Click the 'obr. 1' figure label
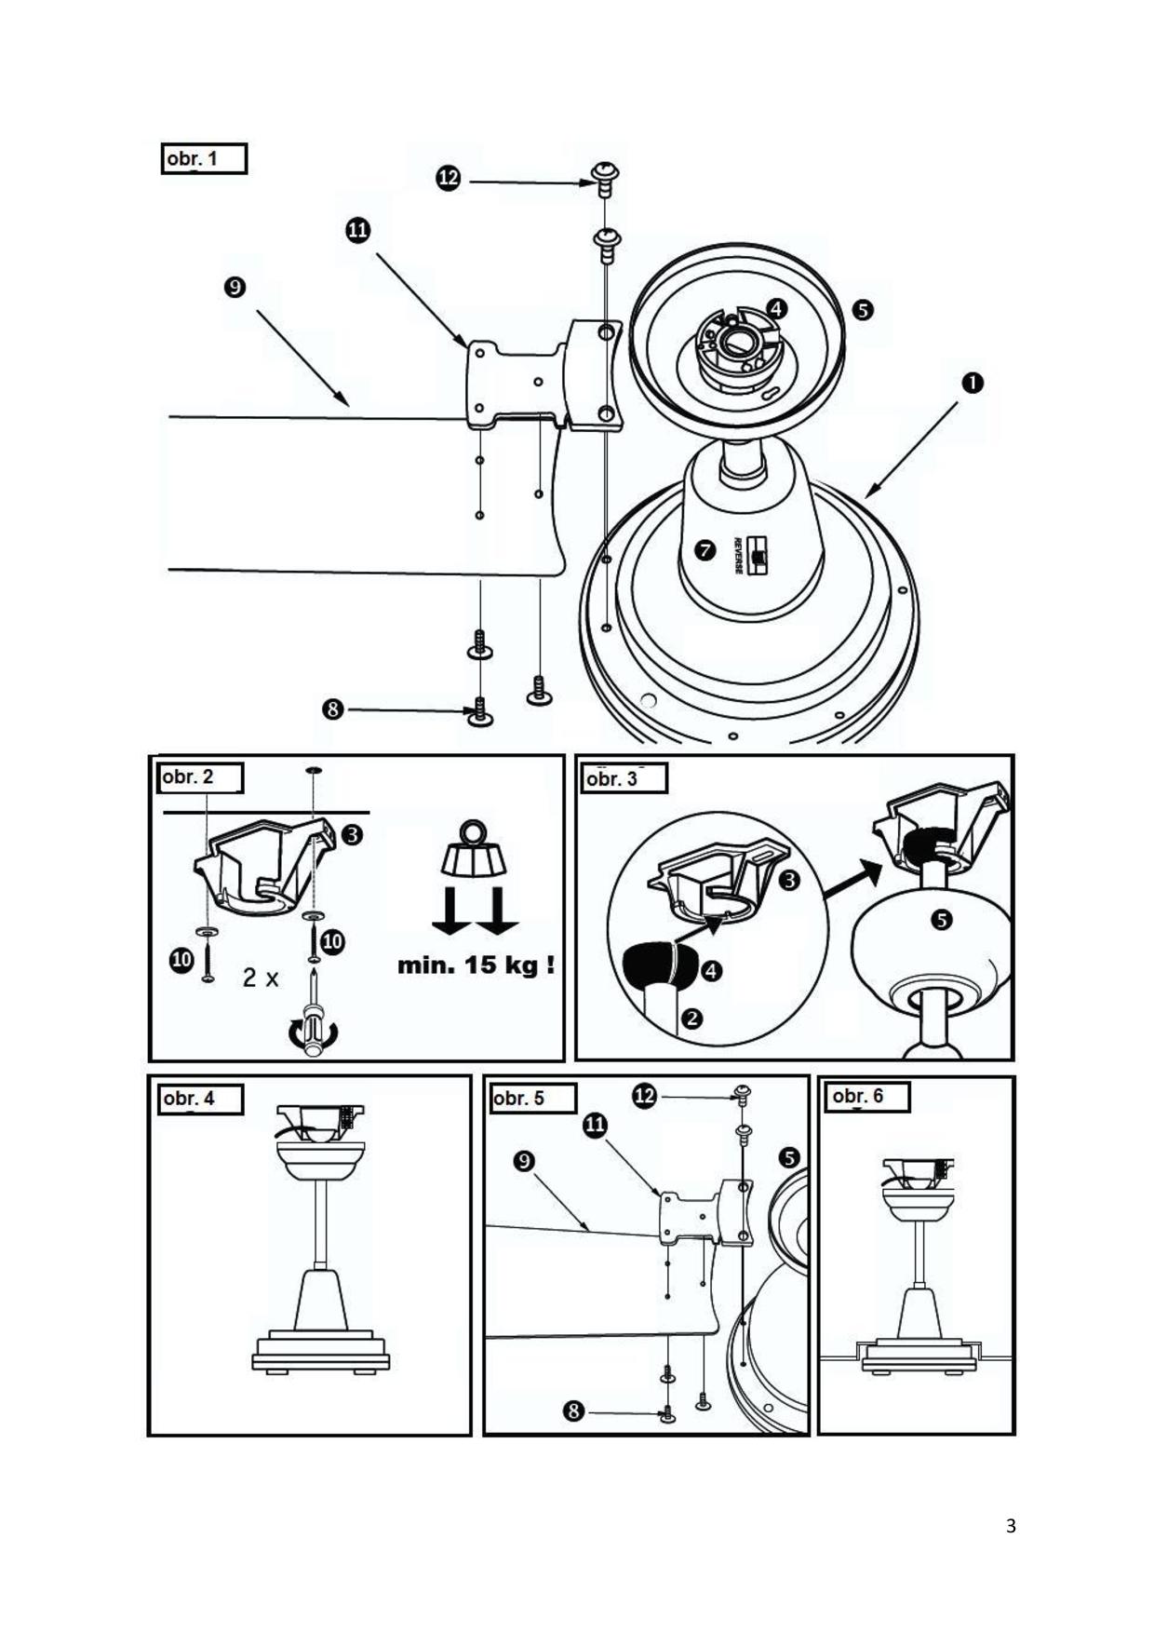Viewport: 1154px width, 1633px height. coord(203,159)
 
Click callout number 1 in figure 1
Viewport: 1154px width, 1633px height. coord(972,383)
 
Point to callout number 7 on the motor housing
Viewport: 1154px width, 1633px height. coord(705,550)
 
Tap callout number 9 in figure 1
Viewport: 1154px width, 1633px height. coord(235,287)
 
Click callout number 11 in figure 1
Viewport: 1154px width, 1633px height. coord(358,230)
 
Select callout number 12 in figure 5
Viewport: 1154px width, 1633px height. coord(644,1096)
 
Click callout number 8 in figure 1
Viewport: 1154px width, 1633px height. coord(332,709)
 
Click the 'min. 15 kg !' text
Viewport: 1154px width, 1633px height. coord(476,965)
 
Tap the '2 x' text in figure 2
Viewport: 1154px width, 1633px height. coord(261,978)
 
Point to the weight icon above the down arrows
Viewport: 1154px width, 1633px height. coord(474,850)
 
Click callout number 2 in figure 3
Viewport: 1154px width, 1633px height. coord(691,1018)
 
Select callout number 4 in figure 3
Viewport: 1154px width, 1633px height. coord(711,972)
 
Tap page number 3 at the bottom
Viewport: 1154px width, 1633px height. coord(1011,1526)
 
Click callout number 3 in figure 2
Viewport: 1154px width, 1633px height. coord(352,835)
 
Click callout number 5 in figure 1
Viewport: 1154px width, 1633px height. coord(863,309)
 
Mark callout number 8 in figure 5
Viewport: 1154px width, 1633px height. coord(573,1411)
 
